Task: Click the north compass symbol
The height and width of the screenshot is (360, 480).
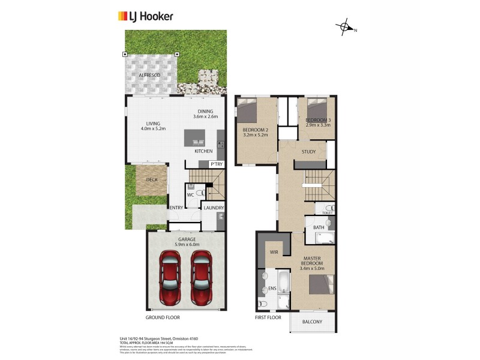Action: click(x=345, y=28)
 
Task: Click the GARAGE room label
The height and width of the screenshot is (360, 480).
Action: click(x=186, y=239)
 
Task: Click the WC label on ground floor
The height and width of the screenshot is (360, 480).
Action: click(x=190, y=194)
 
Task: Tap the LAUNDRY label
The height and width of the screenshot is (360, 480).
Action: click(x=214, y=208)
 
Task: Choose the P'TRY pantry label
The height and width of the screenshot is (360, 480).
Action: click(x=215, y=164)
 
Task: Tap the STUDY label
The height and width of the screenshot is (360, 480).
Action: click(x=308, y=152)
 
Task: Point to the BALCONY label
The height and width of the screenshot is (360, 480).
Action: click(x=311, y=322)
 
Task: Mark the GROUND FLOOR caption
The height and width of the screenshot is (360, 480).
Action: click(x=163, y=317)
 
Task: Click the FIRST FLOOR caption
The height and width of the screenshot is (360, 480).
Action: click(x=269, y=317)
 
